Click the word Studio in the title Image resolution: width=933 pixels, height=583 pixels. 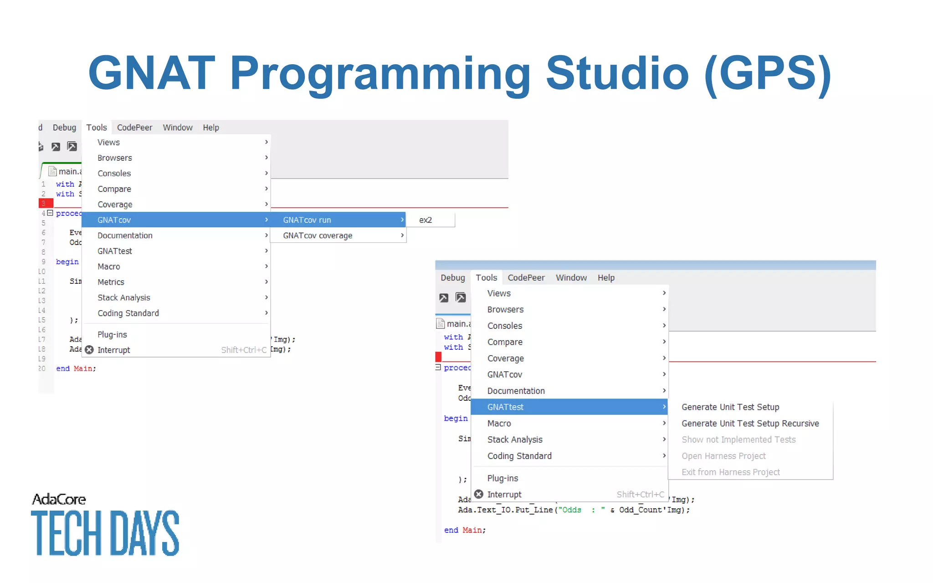click(617, 73)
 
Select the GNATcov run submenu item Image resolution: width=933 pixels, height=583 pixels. click(307, 220)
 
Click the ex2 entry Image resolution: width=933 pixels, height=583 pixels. click(425, 220)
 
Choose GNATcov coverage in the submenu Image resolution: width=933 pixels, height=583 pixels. click(317, 235)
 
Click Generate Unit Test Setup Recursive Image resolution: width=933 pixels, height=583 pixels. click(750, 424)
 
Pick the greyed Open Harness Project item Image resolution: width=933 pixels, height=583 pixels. click(723, 456)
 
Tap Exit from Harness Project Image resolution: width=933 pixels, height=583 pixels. click(730, 472)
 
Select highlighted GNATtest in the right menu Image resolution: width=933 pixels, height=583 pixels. click(505, 407)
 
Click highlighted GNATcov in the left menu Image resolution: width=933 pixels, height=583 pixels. click(114, 220)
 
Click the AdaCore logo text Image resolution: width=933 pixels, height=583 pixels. click(59, 499)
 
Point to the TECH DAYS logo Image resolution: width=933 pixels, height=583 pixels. click(105, 533)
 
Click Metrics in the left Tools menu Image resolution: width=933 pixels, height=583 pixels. click(111, 282)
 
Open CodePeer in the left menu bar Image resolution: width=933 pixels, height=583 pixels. click(134, 128)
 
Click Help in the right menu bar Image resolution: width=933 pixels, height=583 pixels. click(606, 278)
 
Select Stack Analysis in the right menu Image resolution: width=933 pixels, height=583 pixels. click(515, 440)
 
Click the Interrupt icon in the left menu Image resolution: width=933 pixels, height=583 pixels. click(89, 350)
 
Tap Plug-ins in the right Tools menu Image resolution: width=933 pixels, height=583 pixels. click(502, 478)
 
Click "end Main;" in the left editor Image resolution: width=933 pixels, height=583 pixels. click(76, 368)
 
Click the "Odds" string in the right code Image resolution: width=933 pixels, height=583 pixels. click(571, 510)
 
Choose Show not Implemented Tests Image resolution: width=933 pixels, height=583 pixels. click(738, 440)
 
